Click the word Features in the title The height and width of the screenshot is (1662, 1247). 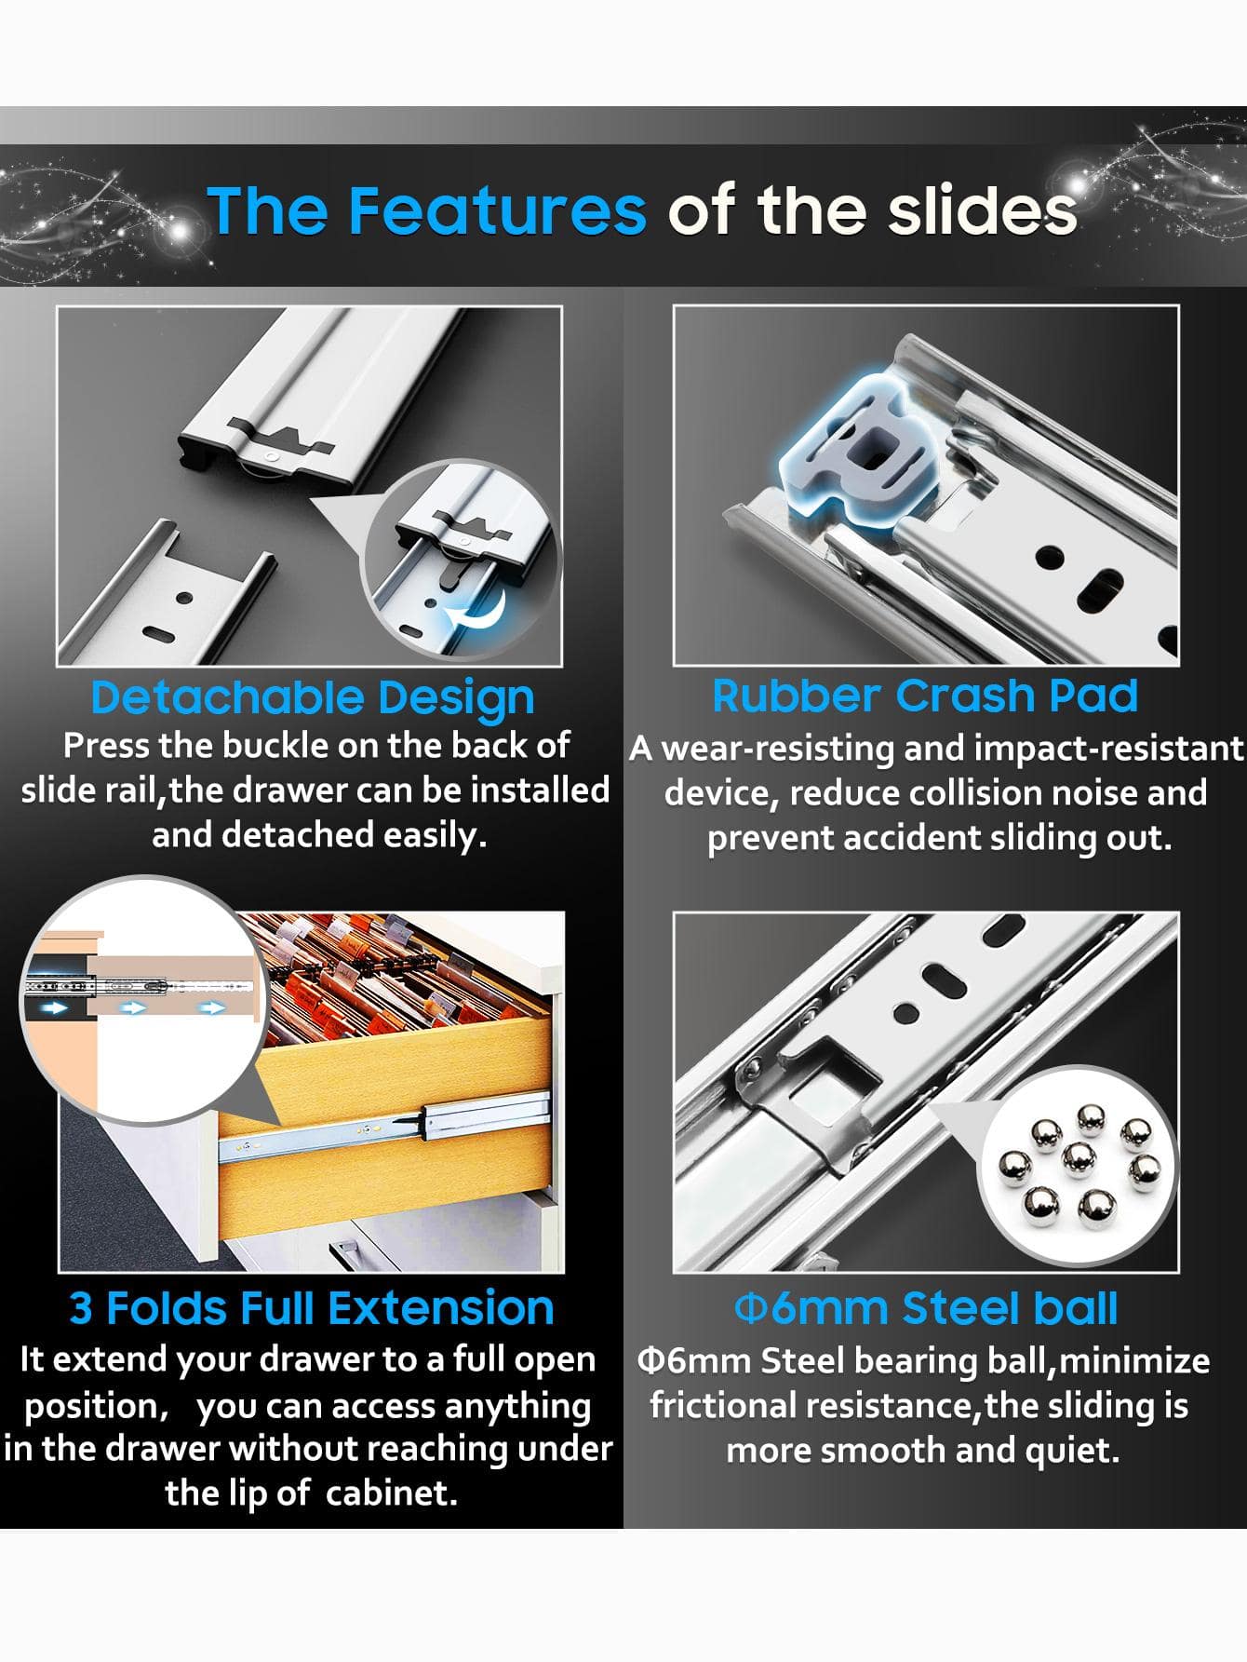pos(497,209)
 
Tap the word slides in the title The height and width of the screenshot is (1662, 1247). pos(982,209)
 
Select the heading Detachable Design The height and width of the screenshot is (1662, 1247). pos(313,699)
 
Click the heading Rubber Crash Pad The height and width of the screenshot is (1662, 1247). pos(925,696)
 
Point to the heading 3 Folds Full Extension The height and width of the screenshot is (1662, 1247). pos(312,1308)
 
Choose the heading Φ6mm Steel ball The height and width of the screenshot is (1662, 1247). pos(926,1308)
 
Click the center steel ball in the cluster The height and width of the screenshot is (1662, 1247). pos(1079,1158)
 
